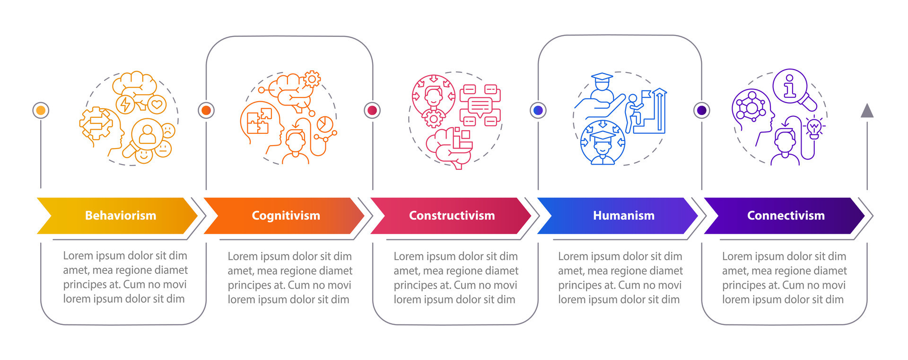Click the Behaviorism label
point(121,216)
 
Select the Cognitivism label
point(286,216)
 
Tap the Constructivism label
point(452,216)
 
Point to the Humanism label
point(623,216)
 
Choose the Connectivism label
point(786,216)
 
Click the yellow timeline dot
point(41,110)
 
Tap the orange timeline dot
point(206,110)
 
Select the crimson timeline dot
point(372,110)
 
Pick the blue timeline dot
point(538,110)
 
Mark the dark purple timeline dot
point(702,110)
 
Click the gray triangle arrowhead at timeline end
point(867,111)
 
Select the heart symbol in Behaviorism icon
point(157,104)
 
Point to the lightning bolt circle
point(125,104)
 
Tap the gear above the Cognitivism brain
point(312,79)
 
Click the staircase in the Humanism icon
point(650,116)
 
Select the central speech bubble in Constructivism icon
point(480,106)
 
